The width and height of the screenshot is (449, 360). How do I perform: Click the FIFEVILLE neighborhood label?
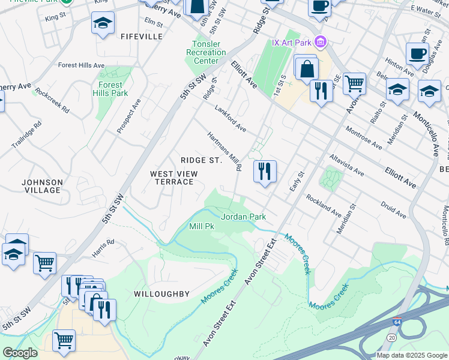[x=142, y=37]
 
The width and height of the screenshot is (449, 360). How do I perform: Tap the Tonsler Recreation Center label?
[x=206, y=52]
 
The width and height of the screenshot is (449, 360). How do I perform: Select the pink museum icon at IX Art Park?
[x=321, y=41]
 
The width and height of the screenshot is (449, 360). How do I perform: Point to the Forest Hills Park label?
[x=110, y=89]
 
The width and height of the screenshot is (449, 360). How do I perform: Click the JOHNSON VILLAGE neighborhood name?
[x=41, y=186]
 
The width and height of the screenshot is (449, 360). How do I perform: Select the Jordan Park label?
[x=243, y=217]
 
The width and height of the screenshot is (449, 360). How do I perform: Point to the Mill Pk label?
[x=202, y=227]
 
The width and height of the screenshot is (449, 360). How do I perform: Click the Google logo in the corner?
[x=20, y=353]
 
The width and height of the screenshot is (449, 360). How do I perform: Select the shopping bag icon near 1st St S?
[x=307, y=68]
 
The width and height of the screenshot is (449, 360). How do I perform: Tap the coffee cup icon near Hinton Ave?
[x=417, y=53]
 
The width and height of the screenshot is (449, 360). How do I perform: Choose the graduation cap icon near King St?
[x=103, y=23]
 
